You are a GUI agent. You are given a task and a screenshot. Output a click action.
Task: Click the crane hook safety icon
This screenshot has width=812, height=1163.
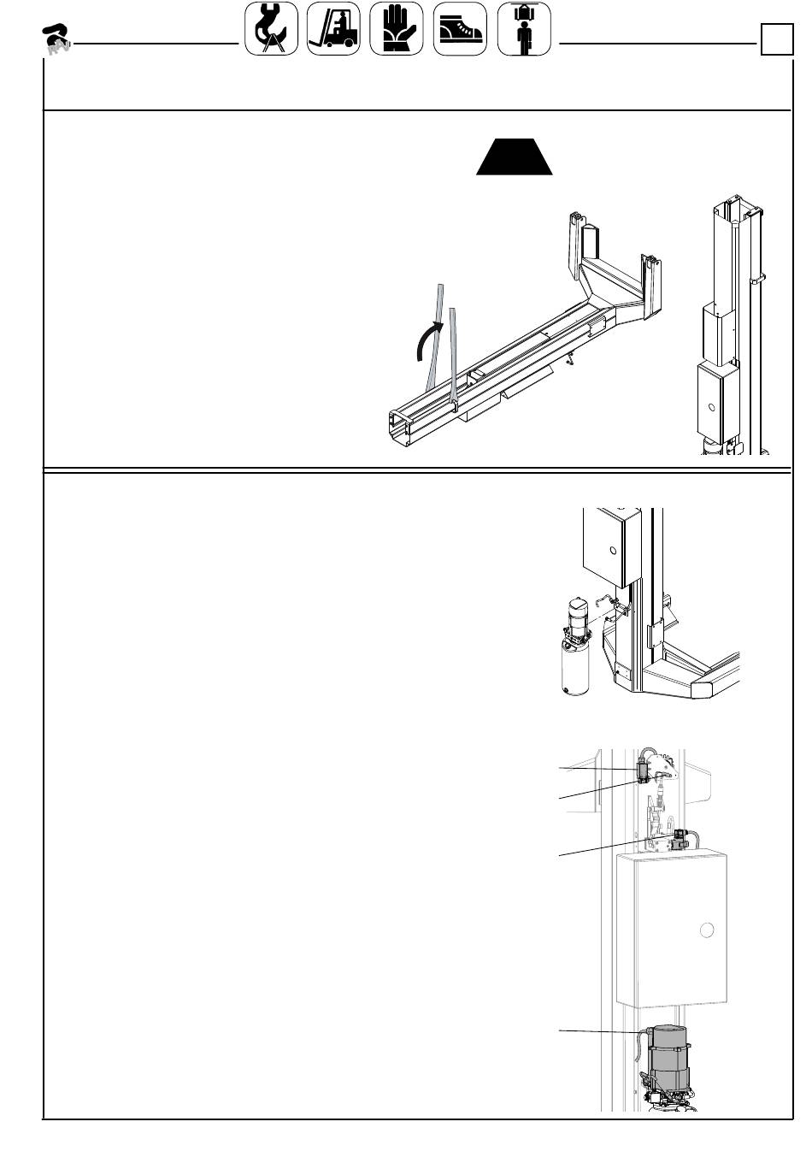click(272, 29)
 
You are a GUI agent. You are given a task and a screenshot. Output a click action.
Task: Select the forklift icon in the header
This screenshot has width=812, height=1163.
click(333, 29)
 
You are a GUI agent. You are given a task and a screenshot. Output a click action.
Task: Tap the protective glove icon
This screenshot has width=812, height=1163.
click(397, 29)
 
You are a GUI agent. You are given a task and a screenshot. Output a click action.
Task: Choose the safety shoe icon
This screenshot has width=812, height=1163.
click(460, 29)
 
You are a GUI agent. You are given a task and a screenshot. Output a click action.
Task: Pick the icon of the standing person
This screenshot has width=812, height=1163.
click(523, 29)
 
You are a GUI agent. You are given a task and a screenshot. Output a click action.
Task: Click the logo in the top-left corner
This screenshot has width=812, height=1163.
click(56, 38)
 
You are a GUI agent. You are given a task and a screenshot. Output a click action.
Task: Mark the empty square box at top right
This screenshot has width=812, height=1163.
click(776, 40)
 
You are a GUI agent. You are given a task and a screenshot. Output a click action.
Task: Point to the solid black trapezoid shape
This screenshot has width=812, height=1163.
click(515, 156)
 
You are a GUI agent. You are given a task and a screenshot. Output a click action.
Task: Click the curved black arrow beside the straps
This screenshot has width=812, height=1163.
click(426, 343)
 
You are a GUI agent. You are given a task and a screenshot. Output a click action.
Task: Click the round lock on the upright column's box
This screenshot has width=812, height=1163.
click(711, 406)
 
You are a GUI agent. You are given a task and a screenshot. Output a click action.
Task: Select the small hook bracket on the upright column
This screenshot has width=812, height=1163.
click(757, 279)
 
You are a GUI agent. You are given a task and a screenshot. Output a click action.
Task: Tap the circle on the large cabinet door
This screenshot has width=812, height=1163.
click(706, 930)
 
